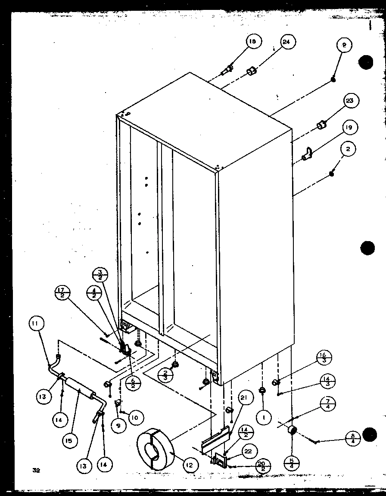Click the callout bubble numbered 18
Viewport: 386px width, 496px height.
pos(252,42)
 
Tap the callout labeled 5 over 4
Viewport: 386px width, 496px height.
pos(292,465)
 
